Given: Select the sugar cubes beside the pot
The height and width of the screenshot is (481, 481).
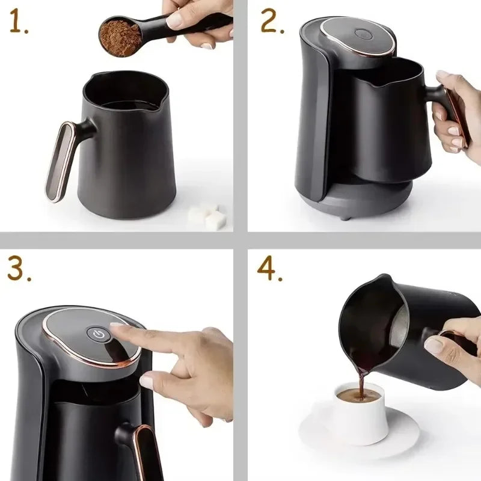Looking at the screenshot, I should tap(207, 216).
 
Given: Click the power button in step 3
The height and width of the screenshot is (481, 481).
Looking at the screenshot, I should tap(98, 333).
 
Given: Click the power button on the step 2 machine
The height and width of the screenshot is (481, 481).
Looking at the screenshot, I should tap(361, 34).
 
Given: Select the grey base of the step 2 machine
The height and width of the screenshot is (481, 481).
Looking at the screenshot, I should tap(361, 201).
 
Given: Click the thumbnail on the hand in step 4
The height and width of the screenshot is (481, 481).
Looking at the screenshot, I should tap(434, 345).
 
